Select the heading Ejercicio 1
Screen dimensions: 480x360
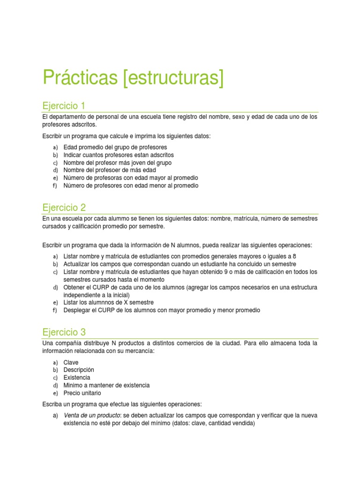point(64,106)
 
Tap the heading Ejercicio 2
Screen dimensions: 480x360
point(64,207)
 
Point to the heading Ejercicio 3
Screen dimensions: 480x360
point(64,332)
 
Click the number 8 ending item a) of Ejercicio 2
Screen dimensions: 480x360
point(294,256)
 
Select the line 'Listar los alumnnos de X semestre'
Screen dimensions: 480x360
point(108,302)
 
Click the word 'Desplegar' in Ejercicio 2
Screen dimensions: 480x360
point(77,310)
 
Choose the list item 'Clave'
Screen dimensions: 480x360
point(71,362)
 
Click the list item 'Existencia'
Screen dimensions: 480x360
point(77,377)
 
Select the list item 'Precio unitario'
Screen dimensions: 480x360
point(82,393)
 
